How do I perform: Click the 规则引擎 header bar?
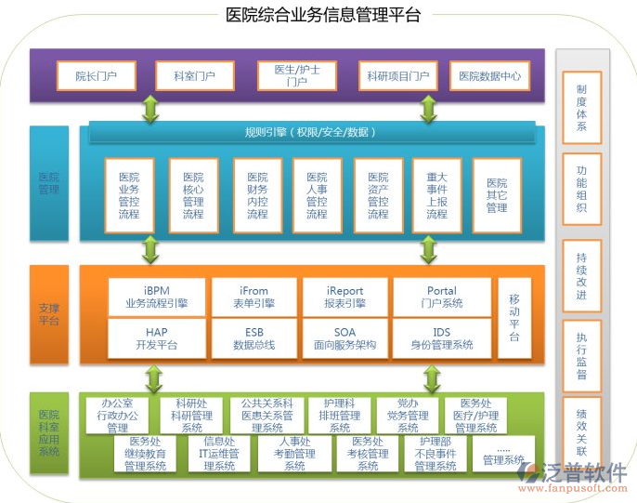(x=310, y=133)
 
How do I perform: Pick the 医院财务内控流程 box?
(x=256, y=195)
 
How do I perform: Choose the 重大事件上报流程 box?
(x=436, y=195)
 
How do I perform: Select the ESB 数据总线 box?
(x=253, y=338)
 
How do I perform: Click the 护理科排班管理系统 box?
(x=340, y=416)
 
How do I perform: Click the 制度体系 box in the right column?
(x=581, y=107)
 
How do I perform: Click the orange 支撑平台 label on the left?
(x=48, y=314)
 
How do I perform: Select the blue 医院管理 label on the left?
(x=48, y=182)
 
